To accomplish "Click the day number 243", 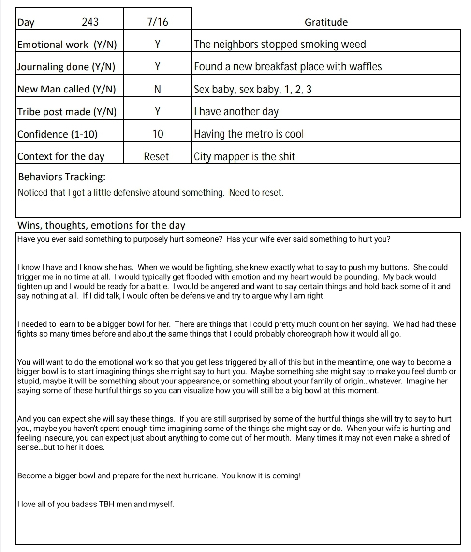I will (x=90, y=22).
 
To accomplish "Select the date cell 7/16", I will (x=158, y=22).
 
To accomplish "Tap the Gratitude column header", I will (x=326, y=22).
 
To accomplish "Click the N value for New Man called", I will (x=157, y=89).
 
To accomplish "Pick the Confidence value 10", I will (x=158, y=134).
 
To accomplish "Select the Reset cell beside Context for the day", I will (x=156, y=156).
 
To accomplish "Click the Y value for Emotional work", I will (x=157, y=45).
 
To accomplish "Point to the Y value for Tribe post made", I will (x=157, y=111).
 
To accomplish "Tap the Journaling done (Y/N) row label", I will (x=66, y=67).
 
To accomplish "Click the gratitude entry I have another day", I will (x=236, y=112).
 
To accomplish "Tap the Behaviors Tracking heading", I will (x=61, y=177).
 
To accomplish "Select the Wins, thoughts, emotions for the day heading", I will (x=101, y=225).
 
